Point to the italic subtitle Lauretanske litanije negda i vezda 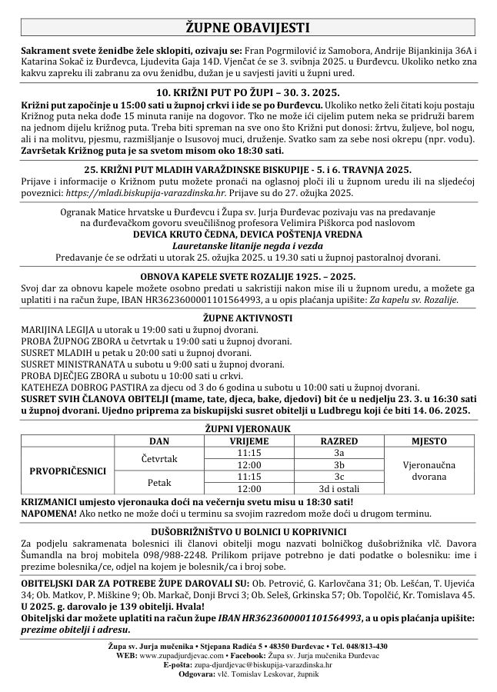click(248, 246)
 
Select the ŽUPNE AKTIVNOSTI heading click(248, 317)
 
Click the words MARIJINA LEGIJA click(54, 328)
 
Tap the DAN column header click(162, 442)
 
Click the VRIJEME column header click(248, 442)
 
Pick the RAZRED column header click(339, 442)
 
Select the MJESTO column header click(429, 442)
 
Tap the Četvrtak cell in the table click(162, 459)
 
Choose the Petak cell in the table click(162, 482)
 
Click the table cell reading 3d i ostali click(339, 488)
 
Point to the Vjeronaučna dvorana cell click(429, 471)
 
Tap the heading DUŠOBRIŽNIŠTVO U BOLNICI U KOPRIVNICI click(248, 531)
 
